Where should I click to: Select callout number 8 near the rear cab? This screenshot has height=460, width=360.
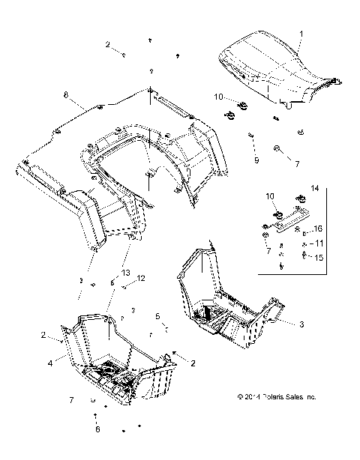click(66, 97)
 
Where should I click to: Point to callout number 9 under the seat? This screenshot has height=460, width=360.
click(256, 160)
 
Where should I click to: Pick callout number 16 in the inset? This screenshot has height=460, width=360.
click(319, 228)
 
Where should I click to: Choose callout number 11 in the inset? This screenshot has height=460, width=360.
click(319, 243)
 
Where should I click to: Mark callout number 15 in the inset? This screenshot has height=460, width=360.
click(319, 257)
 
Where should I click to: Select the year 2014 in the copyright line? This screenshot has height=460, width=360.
click(246, 417)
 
